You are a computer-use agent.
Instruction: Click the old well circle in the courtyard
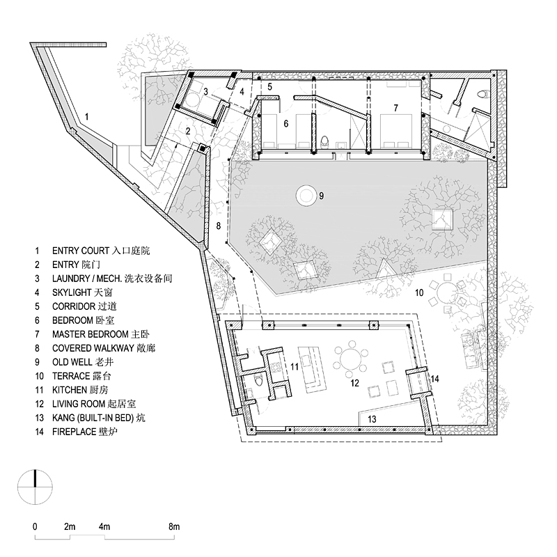coord(306,195)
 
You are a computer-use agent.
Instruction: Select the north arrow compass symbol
coord(36,487)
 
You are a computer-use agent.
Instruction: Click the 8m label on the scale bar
coord(173,526)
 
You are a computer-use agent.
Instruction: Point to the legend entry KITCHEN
coord(80,390)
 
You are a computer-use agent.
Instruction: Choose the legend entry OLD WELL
coord(83,362)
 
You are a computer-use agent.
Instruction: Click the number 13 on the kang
coord(372,419)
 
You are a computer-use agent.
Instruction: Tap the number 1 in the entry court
coord(86,117)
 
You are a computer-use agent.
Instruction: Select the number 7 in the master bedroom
coord(395,108)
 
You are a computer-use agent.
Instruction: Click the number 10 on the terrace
coord(419,292)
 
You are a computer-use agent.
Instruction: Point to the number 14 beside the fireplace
coord(434,379)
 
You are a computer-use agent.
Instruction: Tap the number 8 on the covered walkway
coord(219,226)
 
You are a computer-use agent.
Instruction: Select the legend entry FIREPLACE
coord(85,432)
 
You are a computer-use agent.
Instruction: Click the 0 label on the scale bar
coord(35,526)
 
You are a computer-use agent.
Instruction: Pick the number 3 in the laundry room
coord(205,92)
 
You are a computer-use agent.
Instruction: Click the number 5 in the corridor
coord(269,86)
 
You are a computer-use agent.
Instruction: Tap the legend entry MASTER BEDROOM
coord(101,334)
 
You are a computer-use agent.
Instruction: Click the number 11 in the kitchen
coord(295,366)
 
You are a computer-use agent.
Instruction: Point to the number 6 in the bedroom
coord(286,124)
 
